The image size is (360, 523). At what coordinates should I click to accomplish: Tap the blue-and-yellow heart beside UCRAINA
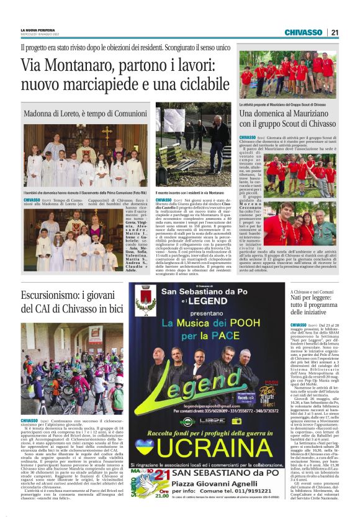coord(145,446)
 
